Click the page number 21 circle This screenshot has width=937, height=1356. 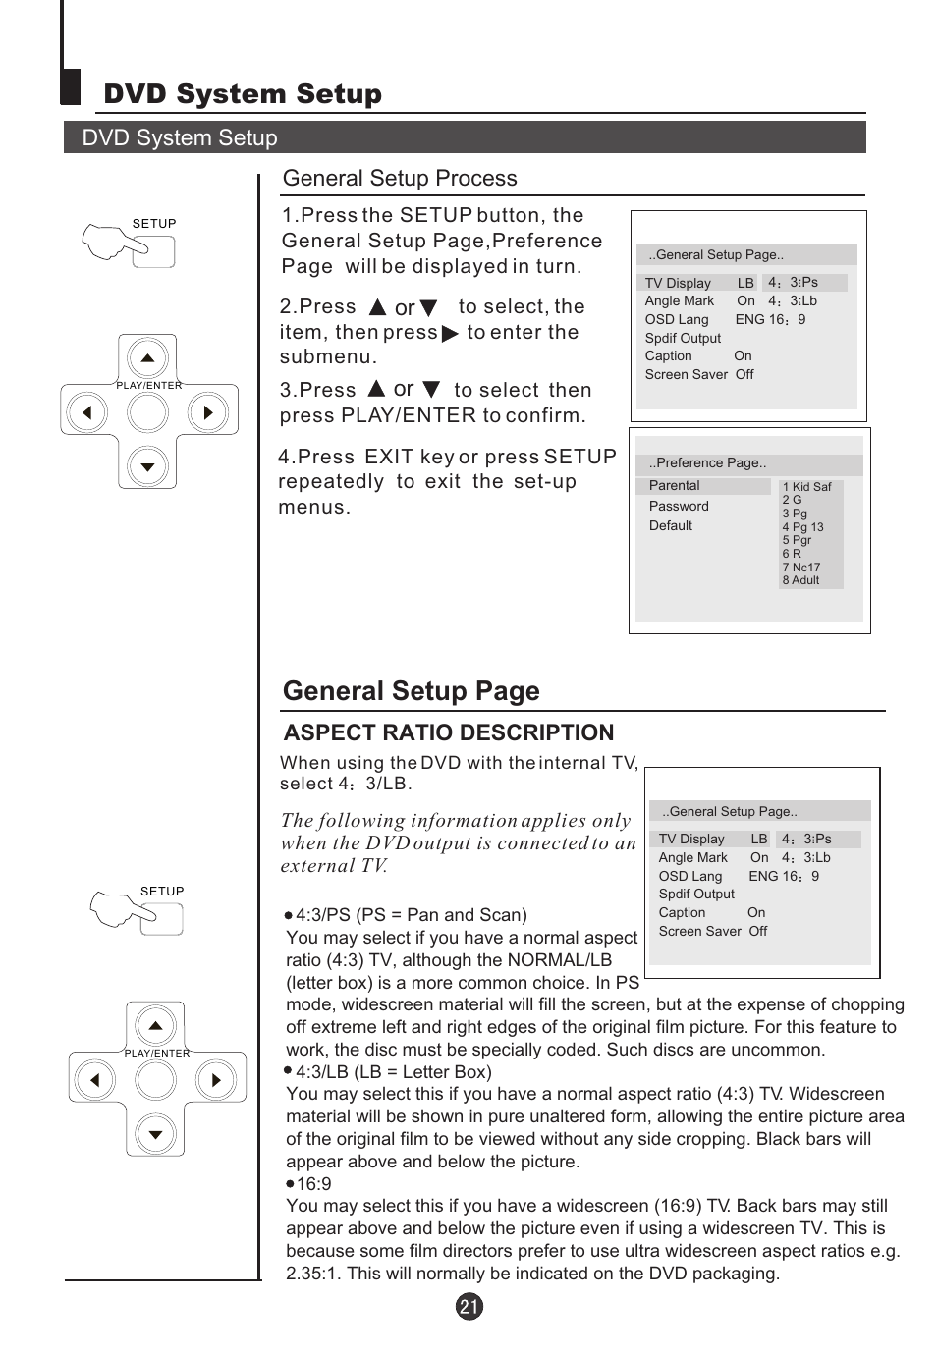pos(469,1306)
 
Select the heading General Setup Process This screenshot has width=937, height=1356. pos(399,178)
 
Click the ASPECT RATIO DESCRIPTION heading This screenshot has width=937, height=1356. pos(448,732)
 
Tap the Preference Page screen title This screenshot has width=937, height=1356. pos(707,463)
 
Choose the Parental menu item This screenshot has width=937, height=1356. pos(674,486)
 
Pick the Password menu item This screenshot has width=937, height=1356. pos(678,507)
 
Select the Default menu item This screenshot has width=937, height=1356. pos(670,526)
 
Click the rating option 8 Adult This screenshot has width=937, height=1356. pos(800,580)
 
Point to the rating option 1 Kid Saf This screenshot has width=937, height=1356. pos(806,487)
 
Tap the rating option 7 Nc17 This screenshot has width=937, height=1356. pos(800,568)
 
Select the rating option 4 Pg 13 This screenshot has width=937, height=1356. pos(802,527)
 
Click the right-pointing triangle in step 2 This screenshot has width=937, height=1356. pos(450,334)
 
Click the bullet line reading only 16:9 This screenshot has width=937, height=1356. pos(313,1184)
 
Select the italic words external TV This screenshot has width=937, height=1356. pos(334,866)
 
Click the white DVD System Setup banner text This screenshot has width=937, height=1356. pos(180,138)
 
